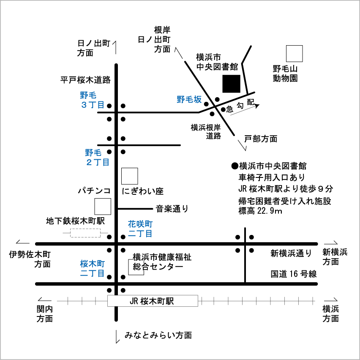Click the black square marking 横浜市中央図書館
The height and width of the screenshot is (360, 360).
(232, 83)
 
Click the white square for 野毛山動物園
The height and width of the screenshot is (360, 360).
(295, 54)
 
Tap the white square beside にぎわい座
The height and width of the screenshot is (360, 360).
(129, 176)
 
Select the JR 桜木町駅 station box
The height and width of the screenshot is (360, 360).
(152, 301)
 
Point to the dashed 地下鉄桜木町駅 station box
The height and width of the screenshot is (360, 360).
(85, 233)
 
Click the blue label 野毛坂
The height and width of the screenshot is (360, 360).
(189, 100)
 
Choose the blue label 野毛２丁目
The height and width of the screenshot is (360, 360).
(97, 157)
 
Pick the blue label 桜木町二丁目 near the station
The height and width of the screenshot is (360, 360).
(92, 268)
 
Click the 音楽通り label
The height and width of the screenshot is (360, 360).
(172, 208)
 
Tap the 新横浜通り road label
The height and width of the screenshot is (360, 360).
(291, 254)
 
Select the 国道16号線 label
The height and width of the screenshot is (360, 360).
(294, 274)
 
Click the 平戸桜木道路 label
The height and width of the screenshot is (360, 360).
(85, 79)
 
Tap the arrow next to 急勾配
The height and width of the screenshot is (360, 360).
(245, 109)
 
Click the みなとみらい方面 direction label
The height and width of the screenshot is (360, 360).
(158, 335)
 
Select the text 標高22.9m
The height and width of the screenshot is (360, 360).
(260, 210)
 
